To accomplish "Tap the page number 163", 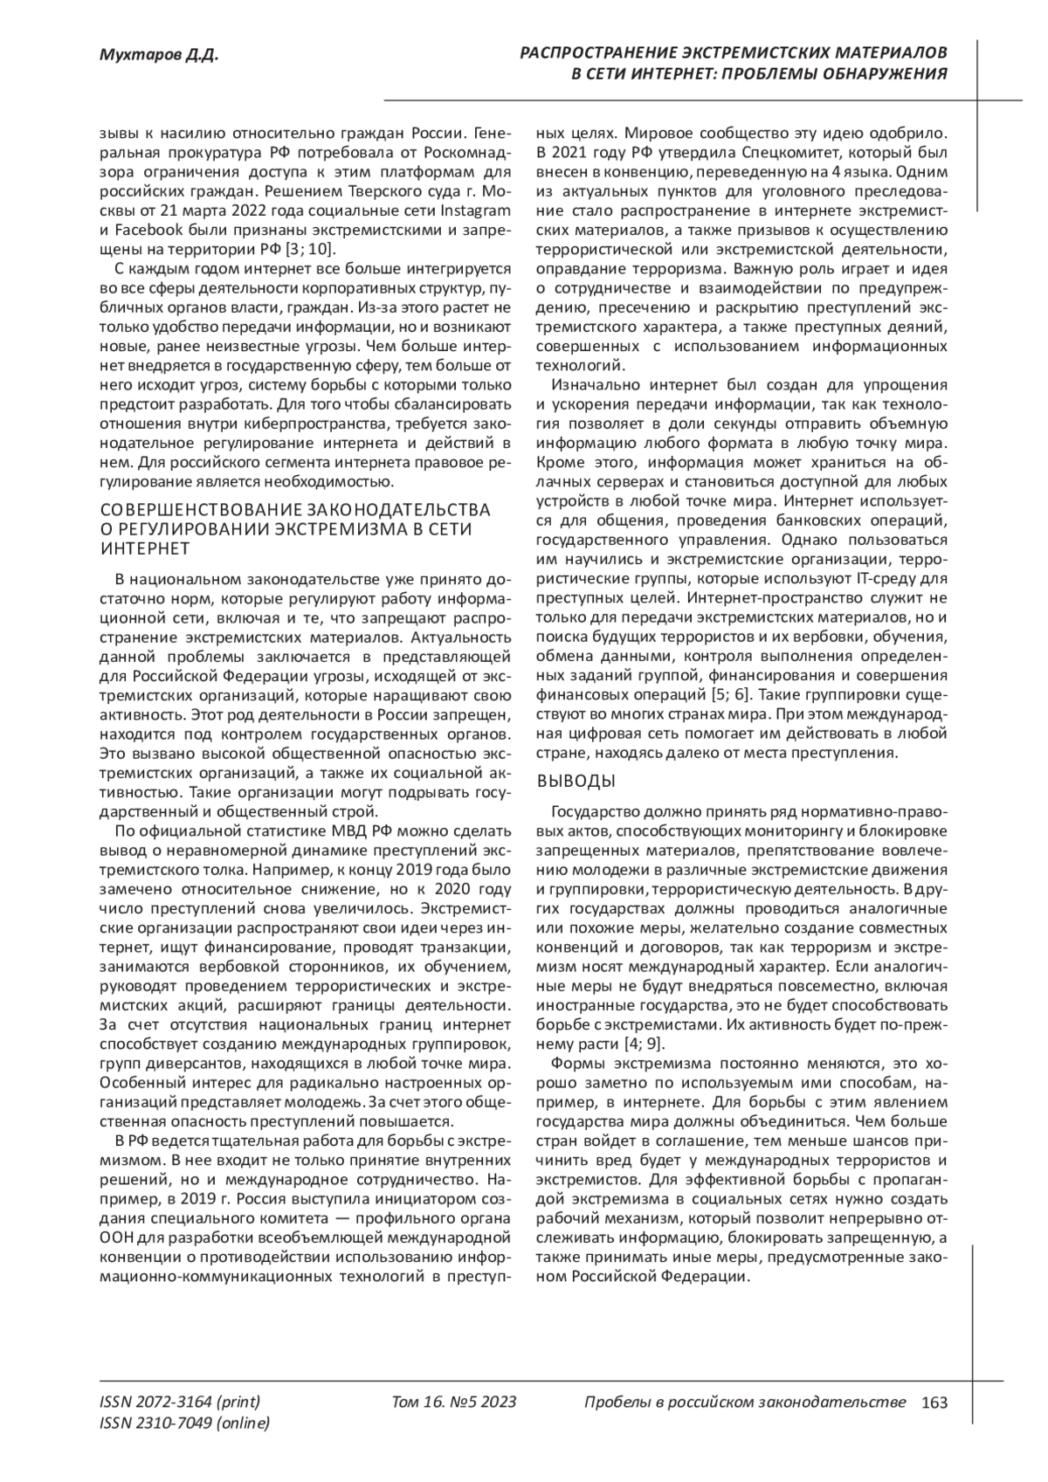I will point(934,1403).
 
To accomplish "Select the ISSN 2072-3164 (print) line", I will point(180,1403).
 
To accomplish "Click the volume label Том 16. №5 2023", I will point(455,1403).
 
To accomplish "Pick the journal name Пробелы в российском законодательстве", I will point(745,1403).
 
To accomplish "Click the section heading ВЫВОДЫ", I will point(576,780).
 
